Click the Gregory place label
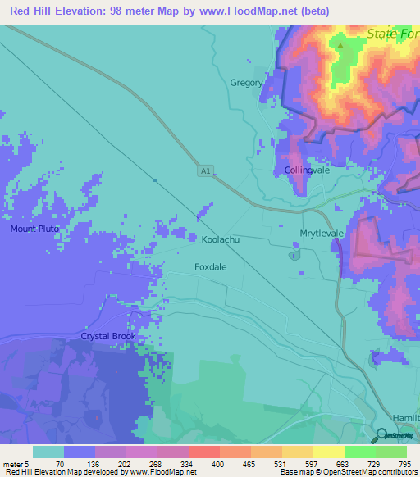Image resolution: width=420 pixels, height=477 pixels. tap(246, 83)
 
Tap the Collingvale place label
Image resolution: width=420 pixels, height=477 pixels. tap(307, 170)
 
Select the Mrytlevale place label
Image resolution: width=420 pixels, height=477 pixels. tap(321, 234)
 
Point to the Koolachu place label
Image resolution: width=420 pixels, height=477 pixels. tap(220, 240)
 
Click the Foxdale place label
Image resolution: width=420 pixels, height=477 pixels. tap(211, 267)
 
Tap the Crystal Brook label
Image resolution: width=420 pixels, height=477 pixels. tap(107, 337)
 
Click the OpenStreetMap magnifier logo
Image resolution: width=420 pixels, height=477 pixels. tap(381, 435)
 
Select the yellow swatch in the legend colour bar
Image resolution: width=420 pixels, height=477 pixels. tap(328, 452)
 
